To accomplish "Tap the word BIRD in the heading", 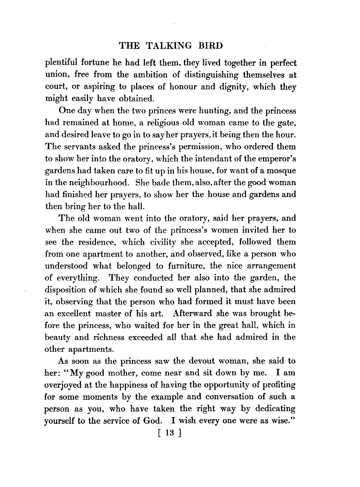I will [210, 46].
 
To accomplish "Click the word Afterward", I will [192, 314].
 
